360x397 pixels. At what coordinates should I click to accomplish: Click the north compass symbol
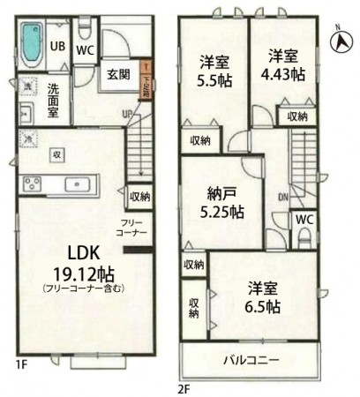(x=339, y=40)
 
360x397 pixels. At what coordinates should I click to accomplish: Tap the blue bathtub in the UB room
(x=31, y=41)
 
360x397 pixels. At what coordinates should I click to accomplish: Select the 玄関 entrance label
(x=119, y=75)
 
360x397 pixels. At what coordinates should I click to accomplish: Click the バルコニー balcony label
(x=251, y=360)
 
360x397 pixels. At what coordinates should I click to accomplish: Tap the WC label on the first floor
(x=85, y=49)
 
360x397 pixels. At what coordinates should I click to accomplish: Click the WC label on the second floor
(x=302, y=218)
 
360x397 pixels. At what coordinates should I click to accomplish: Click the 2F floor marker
(x=184, y=386)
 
